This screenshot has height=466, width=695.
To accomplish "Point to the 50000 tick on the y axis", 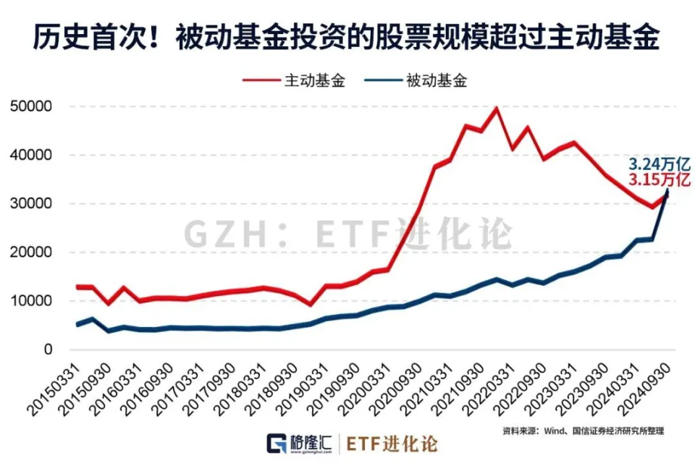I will pos(31,106).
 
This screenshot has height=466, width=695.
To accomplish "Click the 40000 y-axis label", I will pos(31,155).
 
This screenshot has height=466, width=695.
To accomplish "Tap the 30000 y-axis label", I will pos(31,203).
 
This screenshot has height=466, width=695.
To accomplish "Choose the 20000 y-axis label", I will pos(31,253).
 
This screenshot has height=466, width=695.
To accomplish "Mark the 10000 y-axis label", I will pos(31,301).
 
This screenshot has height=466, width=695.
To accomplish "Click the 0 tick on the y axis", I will pos(48,349).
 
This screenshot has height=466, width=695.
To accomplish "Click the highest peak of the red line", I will pos(496,109).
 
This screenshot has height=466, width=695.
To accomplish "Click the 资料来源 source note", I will pos(583,431).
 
